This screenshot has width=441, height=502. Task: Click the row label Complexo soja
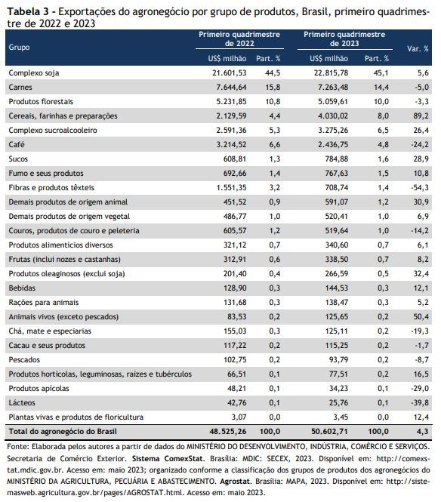tap(34, 72)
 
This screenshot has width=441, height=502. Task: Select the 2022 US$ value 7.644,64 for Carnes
tap(231, 87)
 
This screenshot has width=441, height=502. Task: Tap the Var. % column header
tap(418, 48)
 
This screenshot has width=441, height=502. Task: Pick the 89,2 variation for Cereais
tap(421, 116)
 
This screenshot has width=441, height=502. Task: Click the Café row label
tap(17, 144)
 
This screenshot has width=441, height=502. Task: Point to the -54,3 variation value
tap(420, 188)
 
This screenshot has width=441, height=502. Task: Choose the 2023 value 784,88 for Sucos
tap(337, 159)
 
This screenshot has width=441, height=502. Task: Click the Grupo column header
tap(19, 47)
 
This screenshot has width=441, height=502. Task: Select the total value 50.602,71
tap(329, 432)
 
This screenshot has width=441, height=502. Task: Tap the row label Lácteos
tap(22, 403)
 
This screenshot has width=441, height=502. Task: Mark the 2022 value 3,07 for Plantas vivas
tap(239, 417)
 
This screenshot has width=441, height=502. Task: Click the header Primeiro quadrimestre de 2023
tap(344, 38)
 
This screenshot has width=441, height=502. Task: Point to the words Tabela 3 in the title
tap(27, 12)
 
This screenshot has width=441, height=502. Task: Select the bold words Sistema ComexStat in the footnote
tap(168, 458)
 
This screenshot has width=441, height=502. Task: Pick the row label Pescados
tap(24, 360)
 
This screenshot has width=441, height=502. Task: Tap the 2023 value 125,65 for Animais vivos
tap(337, 316)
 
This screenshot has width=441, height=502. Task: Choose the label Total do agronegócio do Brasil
tap(63, 432)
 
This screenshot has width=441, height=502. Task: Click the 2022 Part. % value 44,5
tap(273, 72)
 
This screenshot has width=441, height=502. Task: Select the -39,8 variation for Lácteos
tap(420, 403)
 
